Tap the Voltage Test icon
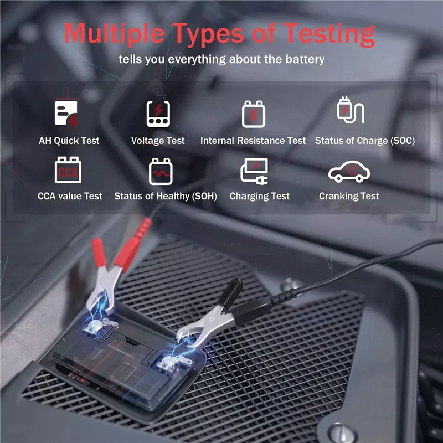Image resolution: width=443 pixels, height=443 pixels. (158, 114)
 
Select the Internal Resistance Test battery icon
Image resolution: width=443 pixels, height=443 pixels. (253, 114)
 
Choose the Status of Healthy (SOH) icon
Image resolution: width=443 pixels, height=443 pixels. (161, 171)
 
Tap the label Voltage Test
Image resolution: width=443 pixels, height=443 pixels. (158, 141)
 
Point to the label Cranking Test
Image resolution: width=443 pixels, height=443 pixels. (349, 196)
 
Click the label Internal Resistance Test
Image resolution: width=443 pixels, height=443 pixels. (253, 141)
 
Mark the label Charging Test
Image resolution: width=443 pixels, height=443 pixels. (260, 196)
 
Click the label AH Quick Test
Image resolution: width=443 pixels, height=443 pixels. (69, 141)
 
